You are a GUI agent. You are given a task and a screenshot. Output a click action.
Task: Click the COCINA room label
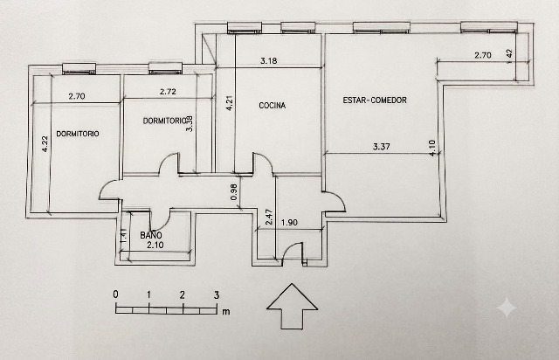point(272,105)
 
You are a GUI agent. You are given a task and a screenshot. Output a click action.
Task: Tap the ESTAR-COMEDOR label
point(375,100)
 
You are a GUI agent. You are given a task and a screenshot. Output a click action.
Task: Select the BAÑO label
point(151,235)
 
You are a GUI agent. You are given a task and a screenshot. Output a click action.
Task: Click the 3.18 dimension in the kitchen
point(268,60)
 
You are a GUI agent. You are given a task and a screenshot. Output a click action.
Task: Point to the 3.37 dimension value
point(381,146)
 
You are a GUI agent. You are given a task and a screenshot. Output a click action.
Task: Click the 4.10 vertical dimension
point(432,148)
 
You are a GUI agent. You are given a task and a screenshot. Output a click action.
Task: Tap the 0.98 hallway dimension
point(234,191)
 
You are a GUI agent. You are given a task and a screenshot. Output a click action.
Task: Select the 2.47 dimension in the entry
point(270,217)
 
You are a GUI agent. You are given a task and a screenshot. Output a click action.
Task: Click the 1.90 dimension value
point(289,222)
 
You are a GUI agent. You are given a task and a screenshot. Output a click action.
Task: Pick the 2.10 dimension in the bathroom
point(155,245)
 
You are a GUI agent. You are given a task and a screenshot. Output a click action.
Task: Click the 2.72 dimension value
point(168,92)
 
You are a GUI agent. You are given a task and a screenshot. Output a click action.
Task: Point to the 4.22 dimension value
point(45,144)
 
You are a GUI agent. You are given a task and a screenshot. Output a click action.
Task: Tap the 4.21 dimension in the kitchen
point(230,102)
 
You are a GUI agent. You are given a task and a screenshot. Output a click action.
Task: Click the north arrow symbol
point(292,306)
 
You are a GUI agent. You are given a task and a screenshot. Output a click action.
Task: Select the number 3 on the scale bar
point(217,295)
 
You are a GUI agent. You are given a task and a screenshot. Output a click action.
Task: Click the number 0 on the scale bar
point(115,294)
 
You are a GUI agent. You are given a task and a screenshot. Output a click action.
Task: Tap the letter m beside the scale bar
point(226,312)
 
